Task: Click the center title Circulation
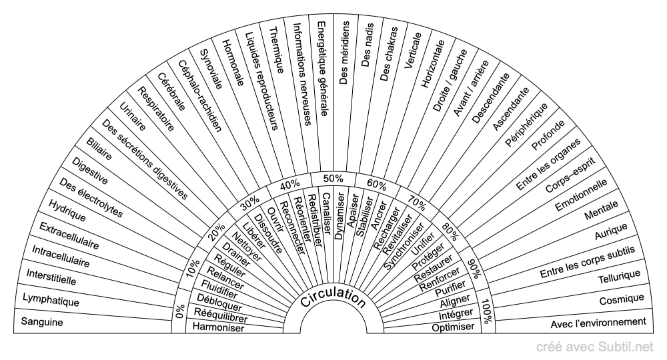click(x=333, y=297)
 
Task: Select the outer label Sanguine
click(x=41, y=322)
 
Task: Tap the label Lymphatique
click(x=51, y=300)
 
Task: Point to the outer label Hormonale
click(x=233, y=63)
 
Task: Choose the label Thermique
click(x=277, y=50)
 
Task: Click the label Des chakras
click(x=389, y=54)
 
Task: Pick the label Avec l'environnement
click(x=598, y=323)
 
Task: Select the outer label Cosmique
click(x=622, y=299)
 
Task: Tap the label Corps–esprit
click(x=570, y=175)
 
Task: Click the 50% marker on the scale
click(x=333, y=179)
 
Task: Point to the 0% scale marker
click(x=180, y=311)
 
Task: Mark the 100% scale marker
click(x=486, y=311)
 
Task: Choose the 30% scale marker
click(x=250, y=203)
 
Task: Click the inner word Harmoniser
click(x=218, y=327)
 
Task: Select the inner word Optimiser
click(x=453, y=327)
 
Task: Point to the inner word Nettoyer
click(x=246, y=247)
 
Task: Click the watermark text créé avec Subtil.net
click(x=595, y=347)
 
